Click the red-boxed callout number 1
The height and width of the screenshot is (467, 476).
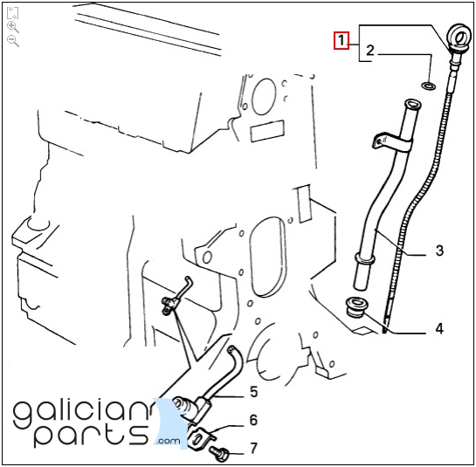(x=341, y=40)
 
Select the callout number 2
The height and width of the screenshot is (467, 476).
(x=369, y=51)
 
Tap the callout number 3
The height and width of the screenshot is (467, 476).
(x=439, y=251)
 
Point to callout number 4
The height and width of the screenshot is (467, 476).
(x=439, y=328)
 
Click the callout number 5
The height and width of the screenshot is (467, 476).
(x=254, y=391)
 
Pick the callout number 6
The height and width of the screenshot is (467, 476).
(x=253, y=420)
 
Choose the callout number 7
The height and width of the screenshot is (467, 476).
(x=253, y=448)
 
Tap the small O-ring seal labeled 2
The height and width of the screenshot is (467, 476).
(x=429, y=86)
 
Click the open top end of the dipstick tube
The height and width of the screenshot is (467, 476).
(x=412, y=105)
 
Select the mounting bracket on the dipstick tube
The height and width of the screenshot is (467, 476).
(x=391, y=142)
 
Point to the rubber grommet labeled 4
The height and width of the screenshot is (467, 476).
(x=356, y=306)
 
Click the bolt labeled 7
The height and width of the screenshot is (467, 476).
(x=218, y=454)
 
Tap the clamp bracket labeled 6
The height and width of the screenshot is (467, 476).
(x=200, y=437)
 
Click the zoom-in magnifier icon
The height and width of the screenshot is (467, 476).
(x=13, y=27)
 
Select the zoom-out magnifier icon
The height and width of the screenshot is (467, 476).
(x=13, y=41)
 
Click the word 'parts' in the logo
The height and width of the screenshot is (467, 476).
(x=91, y=435)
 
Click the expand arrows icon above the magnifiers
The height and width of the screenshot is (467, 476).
(x=12, y=13)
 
